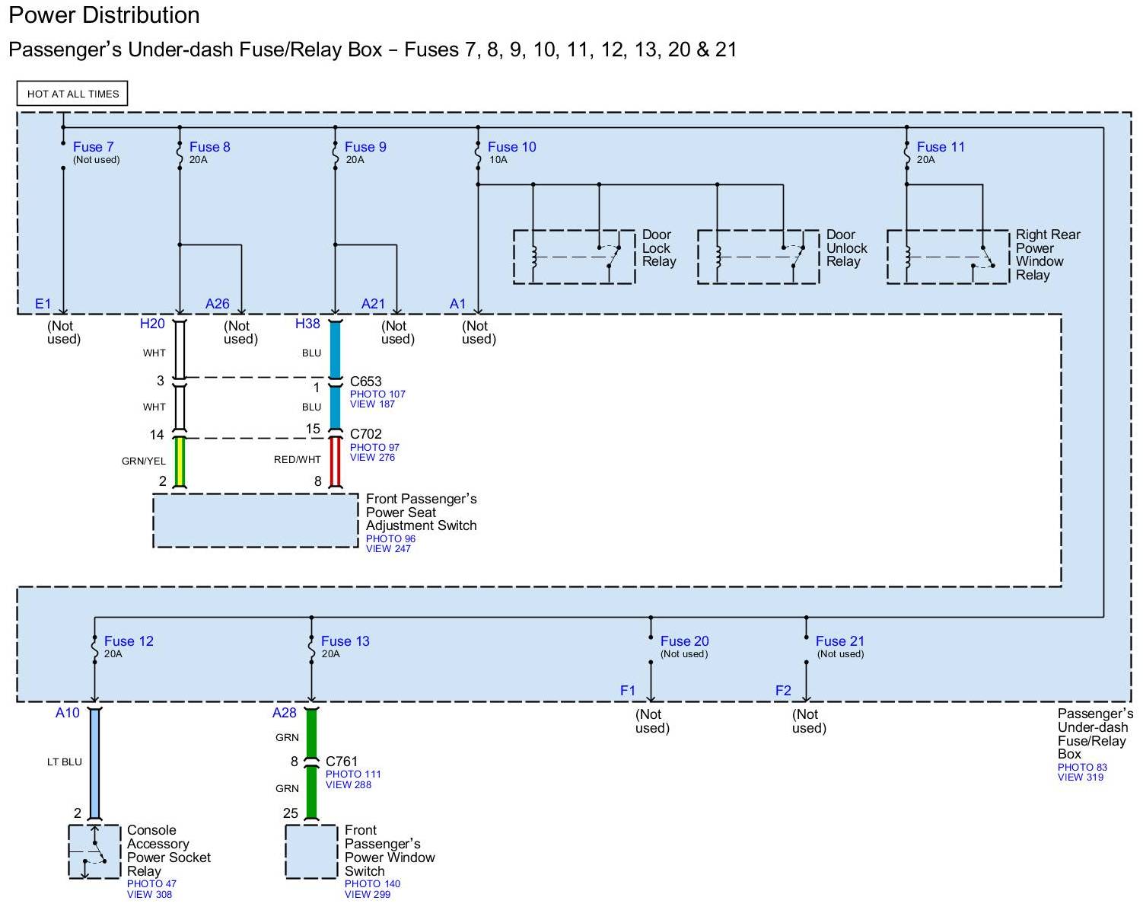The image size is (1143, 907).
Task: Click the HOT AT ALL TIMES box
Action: pos(72,94)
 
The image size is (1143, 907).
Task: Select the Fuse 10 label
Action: pos(511,147)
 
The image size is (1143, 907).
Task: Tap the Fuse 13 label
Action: pos(345,641)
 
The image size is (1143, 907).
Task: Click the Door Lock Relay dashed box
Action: pos(574,257)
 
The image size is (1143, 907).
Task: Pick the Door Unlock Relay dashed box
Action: pos(758,257)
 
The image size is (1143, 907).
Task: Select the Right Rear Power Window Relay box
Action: pos(947,257)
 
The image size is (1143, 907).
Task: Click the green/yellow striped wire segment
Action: pos(180,461)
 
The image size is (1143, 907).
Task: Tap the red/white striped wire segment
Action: pos(335,461)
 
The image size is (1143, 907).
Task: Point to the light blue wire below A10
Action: pos(94,762)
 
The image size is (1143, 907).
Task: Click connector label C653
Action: pos(366,382)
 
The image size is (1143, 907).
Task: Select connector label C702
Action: pos(366,434)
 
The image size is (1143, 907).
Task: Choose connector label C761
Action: pos(342,762)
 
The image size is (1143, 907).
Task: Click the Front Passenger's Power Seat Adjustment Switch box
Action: pos(255,520)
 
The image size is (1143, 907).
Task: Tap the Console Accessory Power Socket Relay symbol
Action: pos(94,851)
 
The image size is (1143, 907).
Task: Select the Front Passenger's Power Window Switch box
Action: pos(311,851)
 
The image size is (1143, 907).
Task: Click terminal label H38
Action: pos(307,324)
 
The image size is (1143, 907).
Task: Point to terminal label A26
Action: pos(217,304)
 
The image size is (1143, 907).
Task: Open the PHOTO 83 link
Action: pos(1082,767)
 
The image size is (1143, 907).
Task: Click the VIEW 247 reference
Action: pos(388,548)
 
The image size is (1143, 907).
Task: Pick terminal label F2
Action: pos(783,691)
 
